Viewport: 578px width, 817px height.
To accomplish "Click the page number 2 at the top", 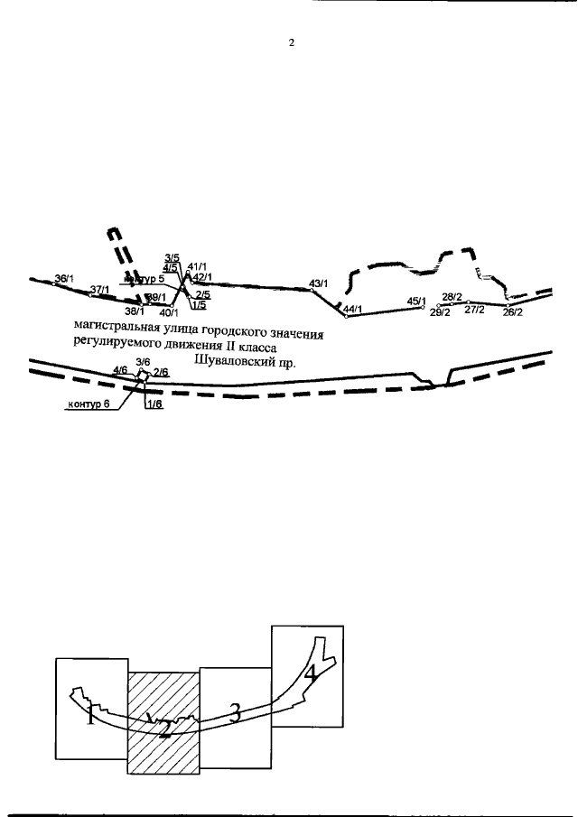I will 292,42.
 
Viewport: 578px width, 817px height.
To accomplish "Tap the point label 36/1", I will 65,279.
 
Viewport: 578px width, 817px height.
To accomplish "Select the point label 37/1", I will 100,290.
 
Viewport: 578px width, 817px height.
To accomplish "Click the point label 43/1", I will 318,283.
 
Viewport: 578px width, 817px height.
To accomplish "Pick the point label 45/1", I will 416,301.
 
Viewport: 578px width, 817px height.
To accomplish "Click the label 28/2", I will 452,297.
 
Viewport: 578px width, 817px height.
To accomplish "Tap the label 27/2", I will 474,310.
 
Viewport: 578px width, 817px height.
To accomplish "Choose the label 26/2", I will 513,312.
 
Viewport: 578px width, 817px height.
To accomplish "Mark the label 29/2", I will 440,312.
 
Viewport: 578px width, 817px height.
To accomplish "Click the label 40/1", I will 169,313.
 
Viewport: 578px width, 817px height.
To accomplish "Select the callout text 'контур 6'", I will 89,404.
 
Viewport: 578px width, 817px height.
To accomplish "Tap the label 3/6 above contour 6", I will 142,362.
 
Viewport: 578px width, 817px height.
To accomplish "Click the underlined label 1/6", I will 154,404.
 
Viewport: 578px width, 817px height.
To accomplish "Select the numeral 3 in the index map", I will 234,714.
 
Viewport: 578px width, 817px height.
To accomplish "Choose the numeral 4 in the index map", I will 310,673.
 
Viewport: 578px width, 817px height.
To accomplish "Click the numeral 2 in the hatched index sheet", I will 164,731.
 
